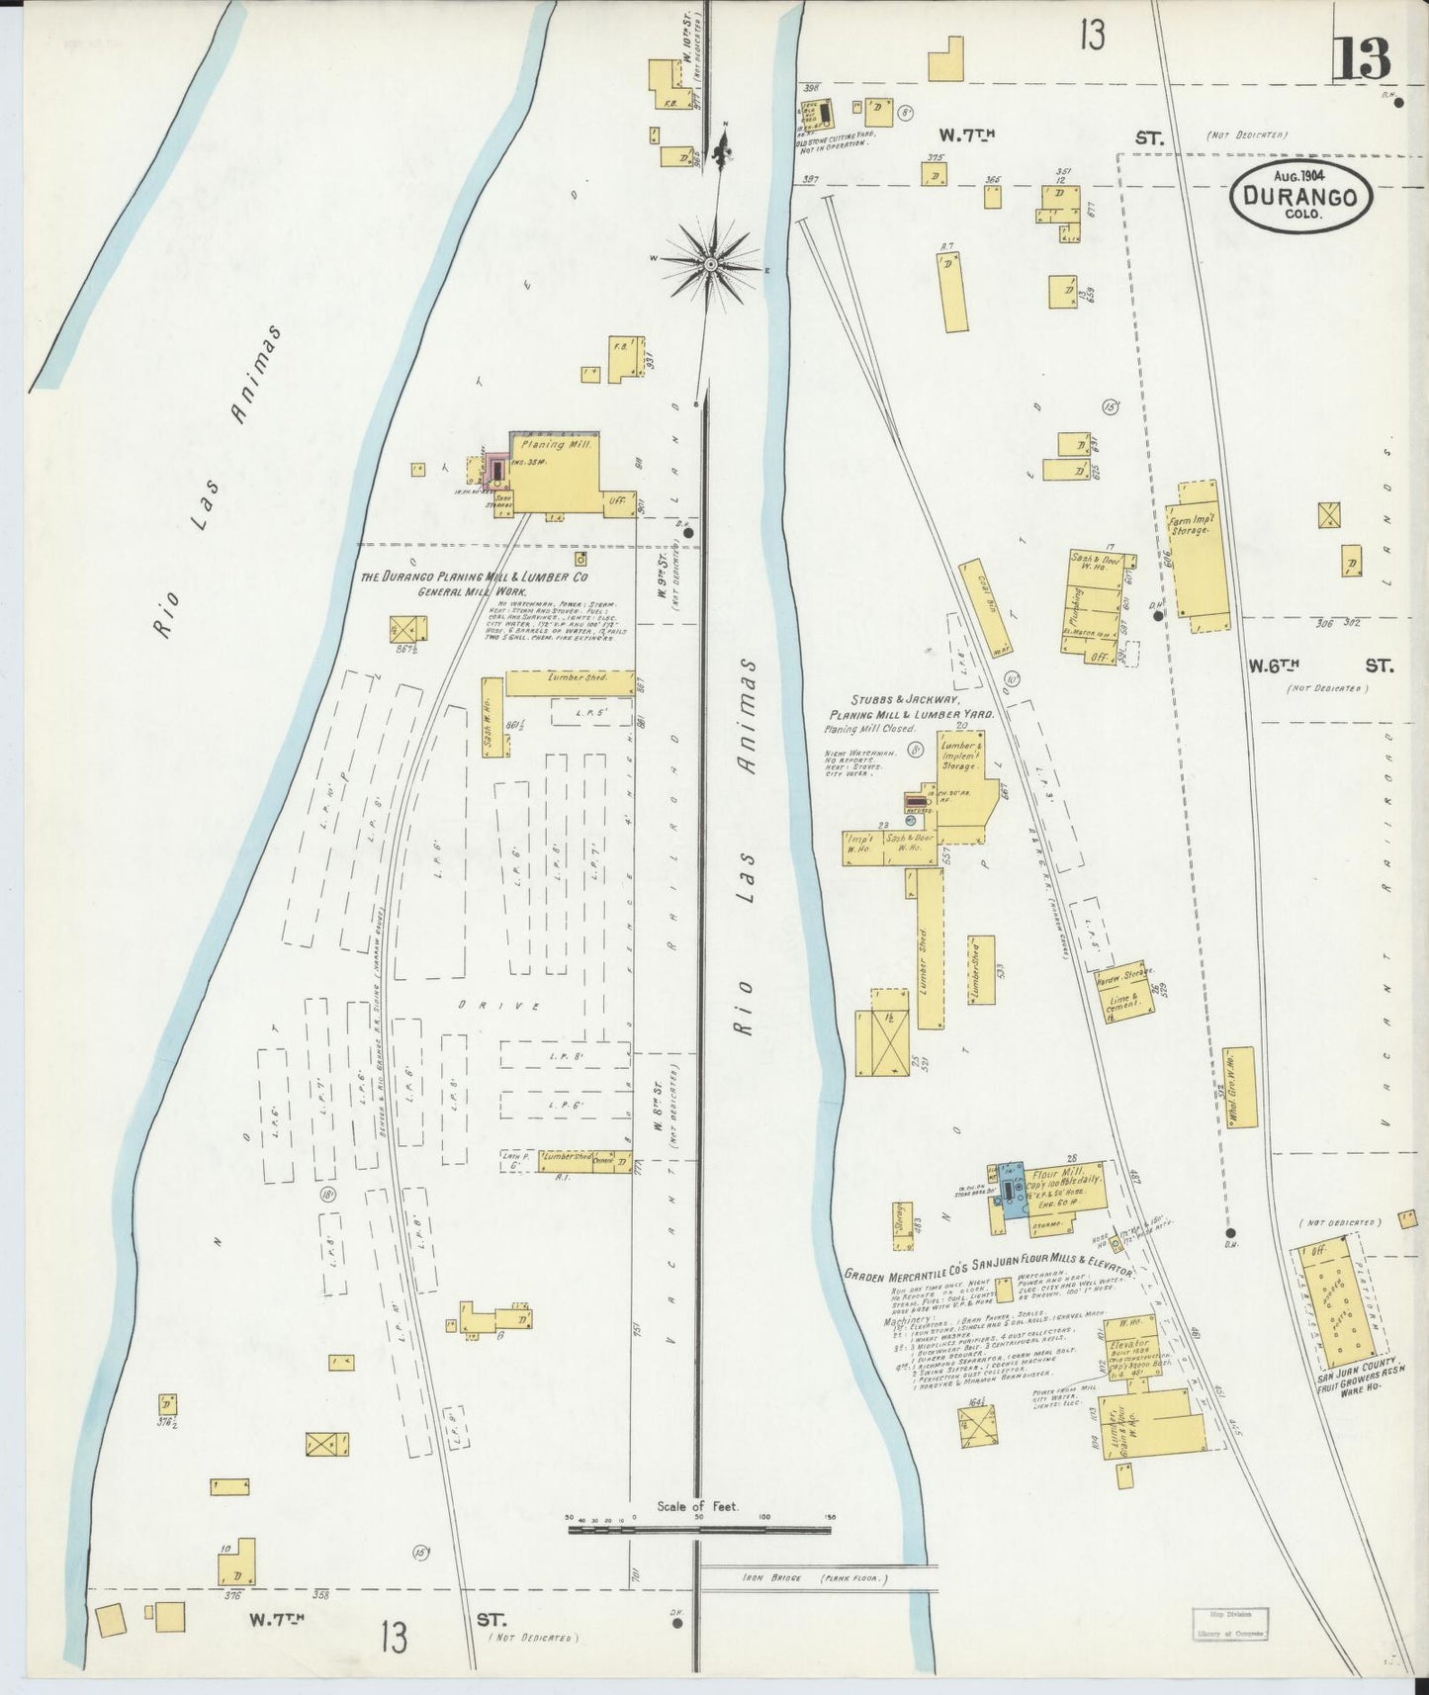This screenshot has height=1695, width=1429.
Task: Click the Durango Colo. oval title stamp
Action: (x=1300, y=196)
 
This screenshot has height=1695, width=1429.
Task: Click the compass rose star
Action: (x=711, y=264)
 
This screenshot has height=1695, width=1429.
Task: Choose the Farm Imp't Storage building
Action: (x=1200, y=557)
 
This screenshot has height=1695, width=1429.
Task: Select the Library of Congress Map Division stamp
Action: (x=1227, y=1622)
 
